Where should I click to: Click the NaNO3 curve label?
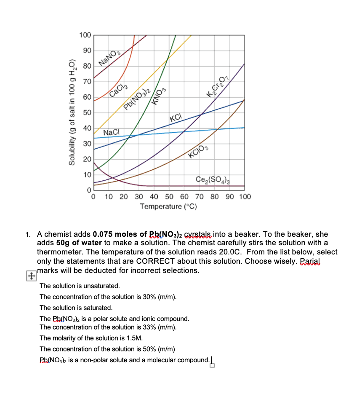tap(110, 58)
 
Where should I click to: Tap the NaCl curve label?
tap(111, 132)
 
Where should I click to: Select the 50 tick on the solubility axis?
tap(86, 113)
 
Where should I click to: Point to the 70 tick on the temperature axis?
tap(200, 197)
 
